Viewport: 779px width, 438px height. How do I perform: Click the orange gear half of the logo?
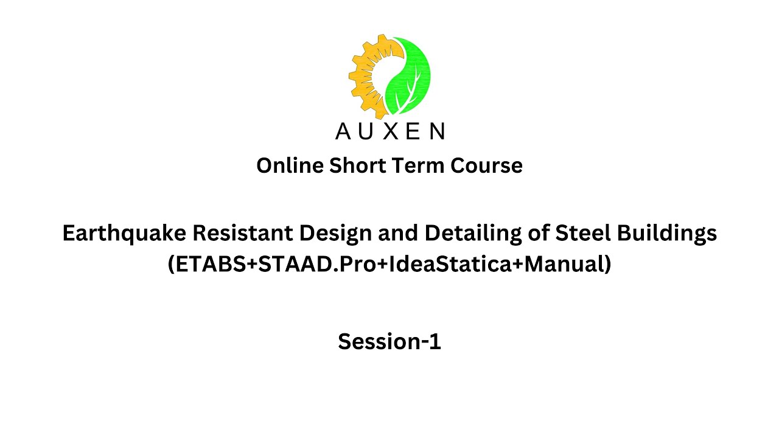[x=365, y=76]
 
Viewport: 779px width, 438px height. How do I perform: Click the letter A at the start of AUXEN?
[x=343, y=131]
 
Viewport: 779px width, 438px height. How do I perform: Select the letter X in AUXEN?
[x=391, y=131]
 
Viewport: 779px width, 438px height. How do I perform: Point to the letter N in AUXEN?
[x=437, y=131]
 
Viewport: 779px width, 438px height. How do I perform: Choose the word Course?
[x=486, y=165]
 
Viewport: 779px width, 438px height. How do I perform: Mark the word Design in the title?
[x=329, y=233]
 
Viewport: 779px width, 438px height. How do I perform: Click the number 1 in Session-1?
[x=435, y=342]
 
